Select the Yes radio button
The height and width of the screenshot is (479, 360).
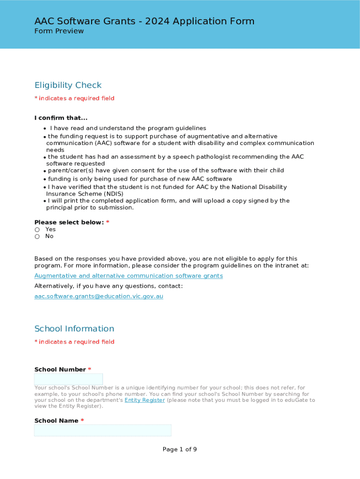[37, 230]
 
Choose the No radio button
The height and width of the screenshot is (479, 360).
[37, 237]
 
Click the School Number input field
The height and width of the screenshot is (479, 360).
[68, 379]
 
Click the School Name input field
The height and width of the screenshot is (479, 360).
[102, 430]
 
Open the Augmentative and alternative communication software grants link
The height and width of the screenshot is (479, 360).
[129, 276]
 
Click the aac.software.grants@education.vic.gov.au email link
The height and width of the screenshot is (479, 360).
[99, 297]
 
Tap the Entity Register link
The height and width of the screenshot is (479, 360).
[144, 400]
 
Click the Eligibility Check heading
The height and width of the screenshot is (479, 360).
[68, 85]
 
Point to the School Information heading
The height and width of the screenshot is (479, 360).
[74, 329]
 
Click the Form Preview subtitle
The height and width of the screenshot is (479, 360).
[59, 31]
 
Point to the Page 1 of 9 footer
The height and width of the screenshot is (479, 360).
[180, 450]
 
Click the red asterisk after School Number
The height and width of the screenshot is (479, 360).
[90, 370]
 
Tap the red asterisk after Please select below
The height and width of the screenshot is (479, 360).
[108, 223]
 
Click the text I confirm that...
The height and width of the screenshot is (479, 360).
[61, 118]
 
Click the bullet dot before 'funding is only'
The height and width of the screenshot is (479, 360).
[45, 180]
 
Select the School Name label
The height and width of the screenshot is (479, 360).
[56, 421]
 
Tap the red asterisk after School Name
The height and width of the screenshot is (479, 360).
[82, 421]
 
